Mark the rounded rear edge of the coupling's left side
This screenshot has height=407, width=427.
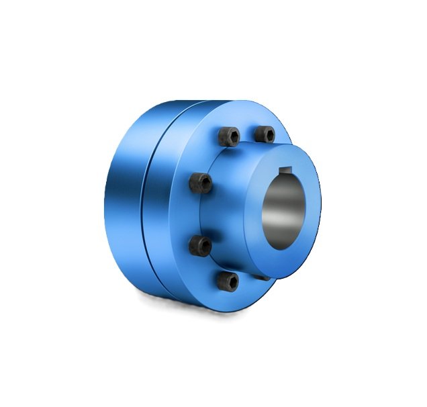pos(107,201)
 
